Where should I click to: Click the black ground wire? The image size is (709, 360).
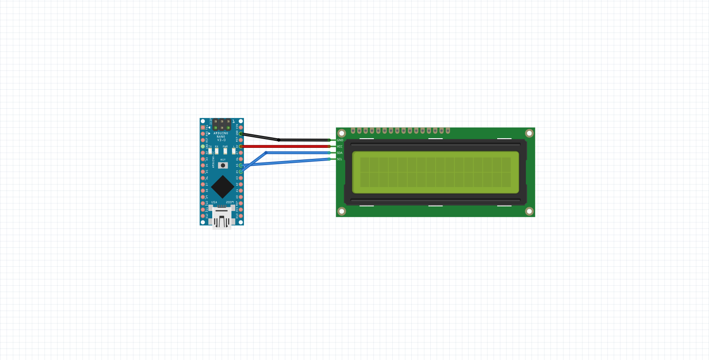pyautogui.click(x=304, y=140)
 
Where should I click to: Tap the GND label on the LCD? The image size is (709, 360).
pyautogui.click(x=340, y=140)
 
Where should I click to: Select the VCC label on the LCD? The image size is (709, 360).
pyautogui.click(x=340, y=147)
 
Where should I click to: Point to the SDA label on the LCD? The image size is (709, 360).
pyautogui.click(x=340, y=153)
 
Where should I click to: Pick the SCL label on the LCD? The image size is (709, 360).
pyautogui.click(x=340, y=159)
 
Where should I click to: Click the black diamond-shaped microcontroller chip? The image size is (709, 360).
pyautogui.click(x=222, y=187)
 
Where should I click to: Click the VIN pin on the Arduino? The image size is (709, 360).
pyautogui.click(x=241, y=128)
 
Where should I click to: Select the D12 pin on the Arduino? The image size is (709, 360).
pyautogui.click(x=203, y=216)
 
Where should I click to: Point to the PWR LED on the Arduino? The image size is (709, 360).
pyautogui.click(x=225, y=151)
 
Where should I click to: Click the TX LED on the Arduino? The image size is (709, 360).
pyautogui.click(x=210, y=151)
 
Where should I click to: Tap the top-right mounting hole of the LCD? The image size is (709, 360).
pyautogui.click(x=529, y=133)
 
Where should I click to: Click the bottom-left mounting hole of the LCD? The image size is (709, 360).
pyautogui.click(x=342, y=211)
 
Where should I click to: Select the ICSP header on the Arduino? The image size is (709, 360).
pyautogui.click(x=222, y=125)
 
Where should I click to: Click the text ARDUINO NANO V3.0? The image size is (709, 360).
pyautogui.click(x=221, y=137)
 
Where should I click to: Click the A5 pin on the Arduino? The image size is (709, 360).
pyautogui.click(x=241, y=165)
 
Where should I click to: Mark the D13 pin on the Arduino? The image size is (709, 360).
pyautogui.click(x=241, y=216)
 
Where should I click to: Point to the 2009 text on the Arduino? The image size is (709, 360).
pyautogui.click(x=230, y=202)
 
